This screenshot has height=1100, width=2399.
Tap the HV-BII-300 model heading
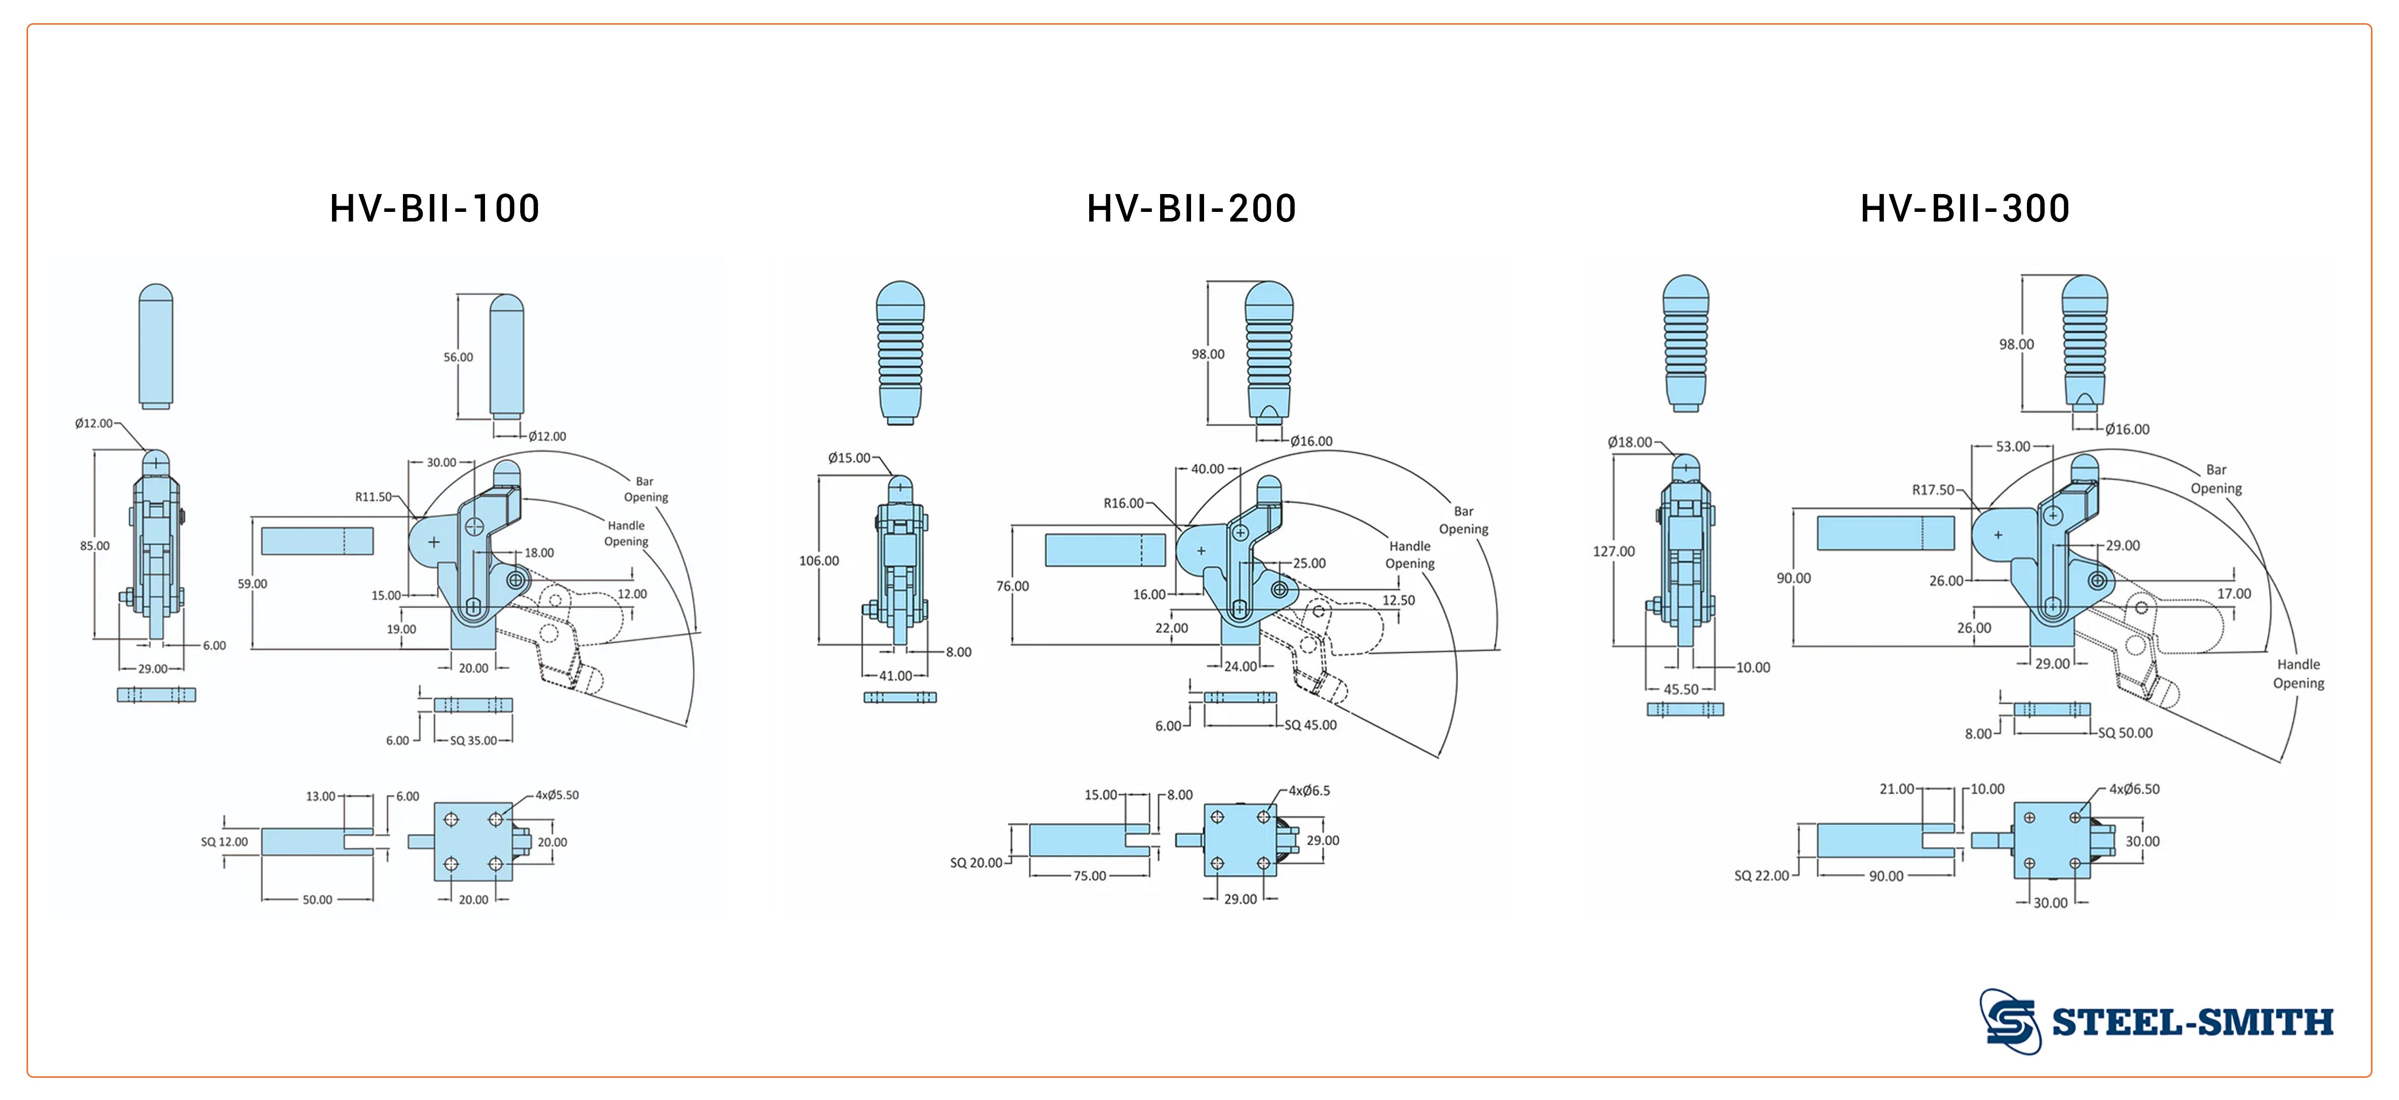[1965, 208]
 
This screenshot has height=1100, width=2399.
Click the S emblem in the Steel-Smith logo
[2010, 1022]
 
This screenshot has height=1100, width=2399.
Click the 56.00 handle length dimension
[458, 357]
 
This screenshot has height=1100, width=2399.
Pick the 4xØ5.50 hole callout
[557, 794]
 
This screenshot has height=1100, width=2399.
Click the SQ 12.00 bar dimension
[224, 842]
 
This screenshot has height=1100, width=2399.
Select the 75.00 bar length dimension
[1090, 876]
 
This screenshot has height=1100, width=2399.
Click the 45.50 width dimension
[1681, 689]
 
